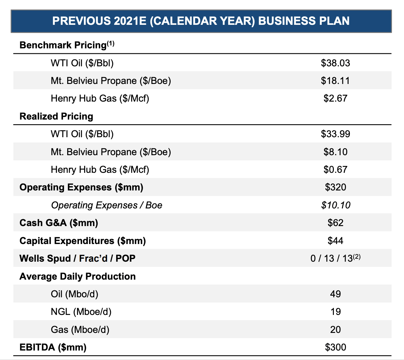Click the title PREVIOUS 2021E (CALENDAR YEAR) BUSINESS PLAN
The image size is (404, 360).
point(201,21)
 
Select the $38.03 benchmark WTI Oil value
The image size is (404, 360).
point(335,63)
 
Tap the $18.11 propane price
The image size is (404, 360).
point(335,81)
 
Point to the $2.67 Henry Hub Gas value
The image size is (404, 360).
point(335,98)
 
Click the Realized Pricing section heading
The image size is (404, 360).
point(56,116)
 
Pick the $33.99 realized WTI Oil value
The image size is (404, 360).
point(335,134)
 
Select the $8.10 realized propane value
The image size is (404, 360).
point(335,152)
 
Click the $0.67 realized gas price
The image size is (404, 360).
point(335,170)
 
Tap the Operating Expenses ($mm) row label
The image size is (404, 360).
point(81,187)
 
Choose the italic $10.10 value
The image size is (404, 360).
point(335,205)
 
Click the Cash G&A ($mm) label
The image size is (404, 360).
point(59,223)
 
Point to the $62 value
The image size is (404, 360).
point(335,223)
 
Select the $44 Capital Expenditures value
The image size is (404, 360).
point(335,241)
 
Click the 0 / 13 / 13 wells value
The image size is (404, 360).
point(331,258)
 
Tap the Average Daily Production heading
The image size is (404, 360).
point(77,276)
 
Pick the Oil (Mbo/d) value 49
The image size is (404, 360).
point(335,294)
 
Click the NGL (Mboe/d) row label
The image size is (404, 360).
point(81,312)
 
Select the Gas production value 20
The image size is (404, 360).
point(335,329)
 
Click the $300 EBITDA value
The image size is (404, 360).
point(335,347)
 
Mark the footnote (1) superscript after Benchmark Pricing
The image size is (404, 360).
point(111,43)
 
